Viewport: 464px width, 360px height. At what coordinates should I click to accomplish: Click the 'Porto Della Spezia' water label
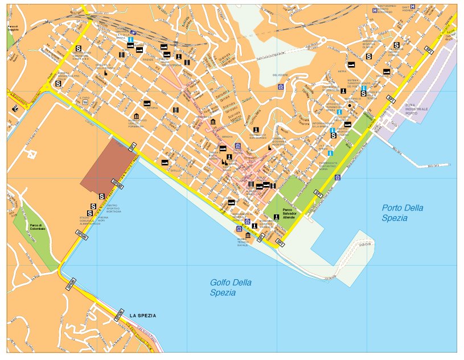[x=403, y=213]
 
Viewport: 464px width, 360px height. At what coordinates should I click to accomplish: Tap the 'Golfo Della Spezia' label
[x=231, y=287]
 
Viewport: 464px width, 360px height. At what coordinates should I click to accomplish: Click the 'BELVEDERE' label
[x=281, y=75]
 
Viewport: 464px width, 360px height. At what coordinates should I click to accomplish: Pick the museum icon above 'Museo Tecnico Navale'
[x=247, y=235]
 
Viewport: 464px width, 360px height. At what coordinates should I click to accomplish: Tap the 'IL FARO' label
[x=84, y=98]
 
